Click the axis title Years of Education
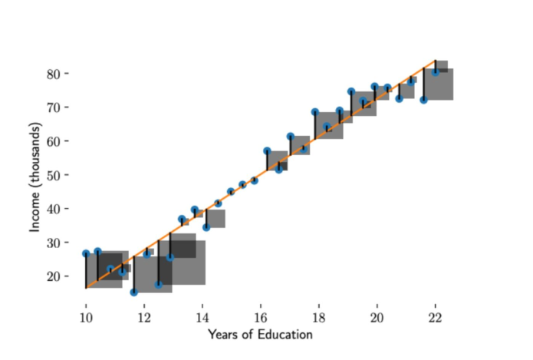pos(259,335)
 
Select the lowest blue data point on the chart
pos(133,292)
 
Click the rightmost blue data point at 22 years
pos(435,72)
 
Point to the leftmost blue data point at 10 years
pos(86,253)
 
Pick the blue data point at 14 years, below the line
pos(206,227)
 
